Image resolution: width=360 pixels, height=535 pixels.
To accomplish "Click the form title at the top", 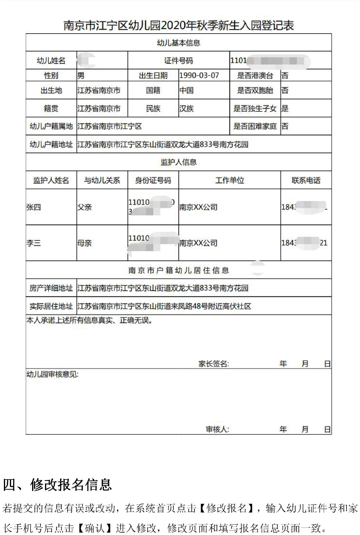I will [178, 26].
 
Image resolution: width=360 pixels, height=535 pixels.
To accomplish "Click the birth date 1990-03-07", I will [199, 75].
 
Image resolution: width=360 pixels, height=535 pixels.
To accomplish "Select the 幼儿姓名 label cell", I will [51, 61].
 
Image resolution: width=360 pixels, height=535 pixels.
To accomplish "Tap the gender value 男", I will [81, 76].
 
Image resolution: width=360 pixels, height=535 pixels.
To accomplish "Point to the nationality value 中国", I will [186, 90].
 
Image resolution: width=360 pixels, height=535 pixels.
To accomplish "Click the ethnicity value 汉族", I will [186, 108].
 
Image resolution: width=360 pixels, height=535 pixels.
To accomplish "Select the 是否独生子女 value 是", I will [285, 108].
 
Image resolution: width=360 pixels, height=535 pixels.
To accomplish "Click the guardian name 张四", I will [34, 207].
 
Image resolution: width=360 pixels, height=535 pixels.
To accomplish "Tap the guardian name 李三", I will [34, 243].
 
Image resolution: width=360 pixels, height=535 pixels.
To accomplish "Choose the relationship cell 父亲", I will [85, 207].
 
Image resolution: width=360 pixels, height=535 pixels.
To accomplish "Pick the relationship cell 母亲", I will [85, 243].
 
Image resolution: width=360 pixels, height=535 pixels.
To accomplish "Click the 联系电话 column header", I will [306, 180].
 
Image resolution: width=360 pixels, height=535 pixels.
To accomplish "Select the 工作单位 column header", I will [229, 180].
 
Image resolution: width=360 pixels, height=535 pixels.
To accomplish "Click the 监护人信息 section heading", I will [178, 162].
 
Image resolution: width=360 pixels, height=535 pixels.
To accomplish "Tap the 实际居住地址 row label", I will [51, 306].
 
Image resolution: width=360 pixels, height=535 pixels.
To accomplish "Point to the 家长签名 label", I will [213, 364].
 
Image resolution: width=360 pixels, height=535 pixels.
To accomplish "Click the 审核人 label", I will [217, 429].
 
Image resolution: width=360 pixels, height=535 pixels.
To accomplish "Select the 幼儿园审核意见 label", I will [52, 374].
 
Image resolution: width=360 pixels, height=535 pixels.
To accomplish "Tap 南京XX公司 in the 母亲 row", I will [198, 243].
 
